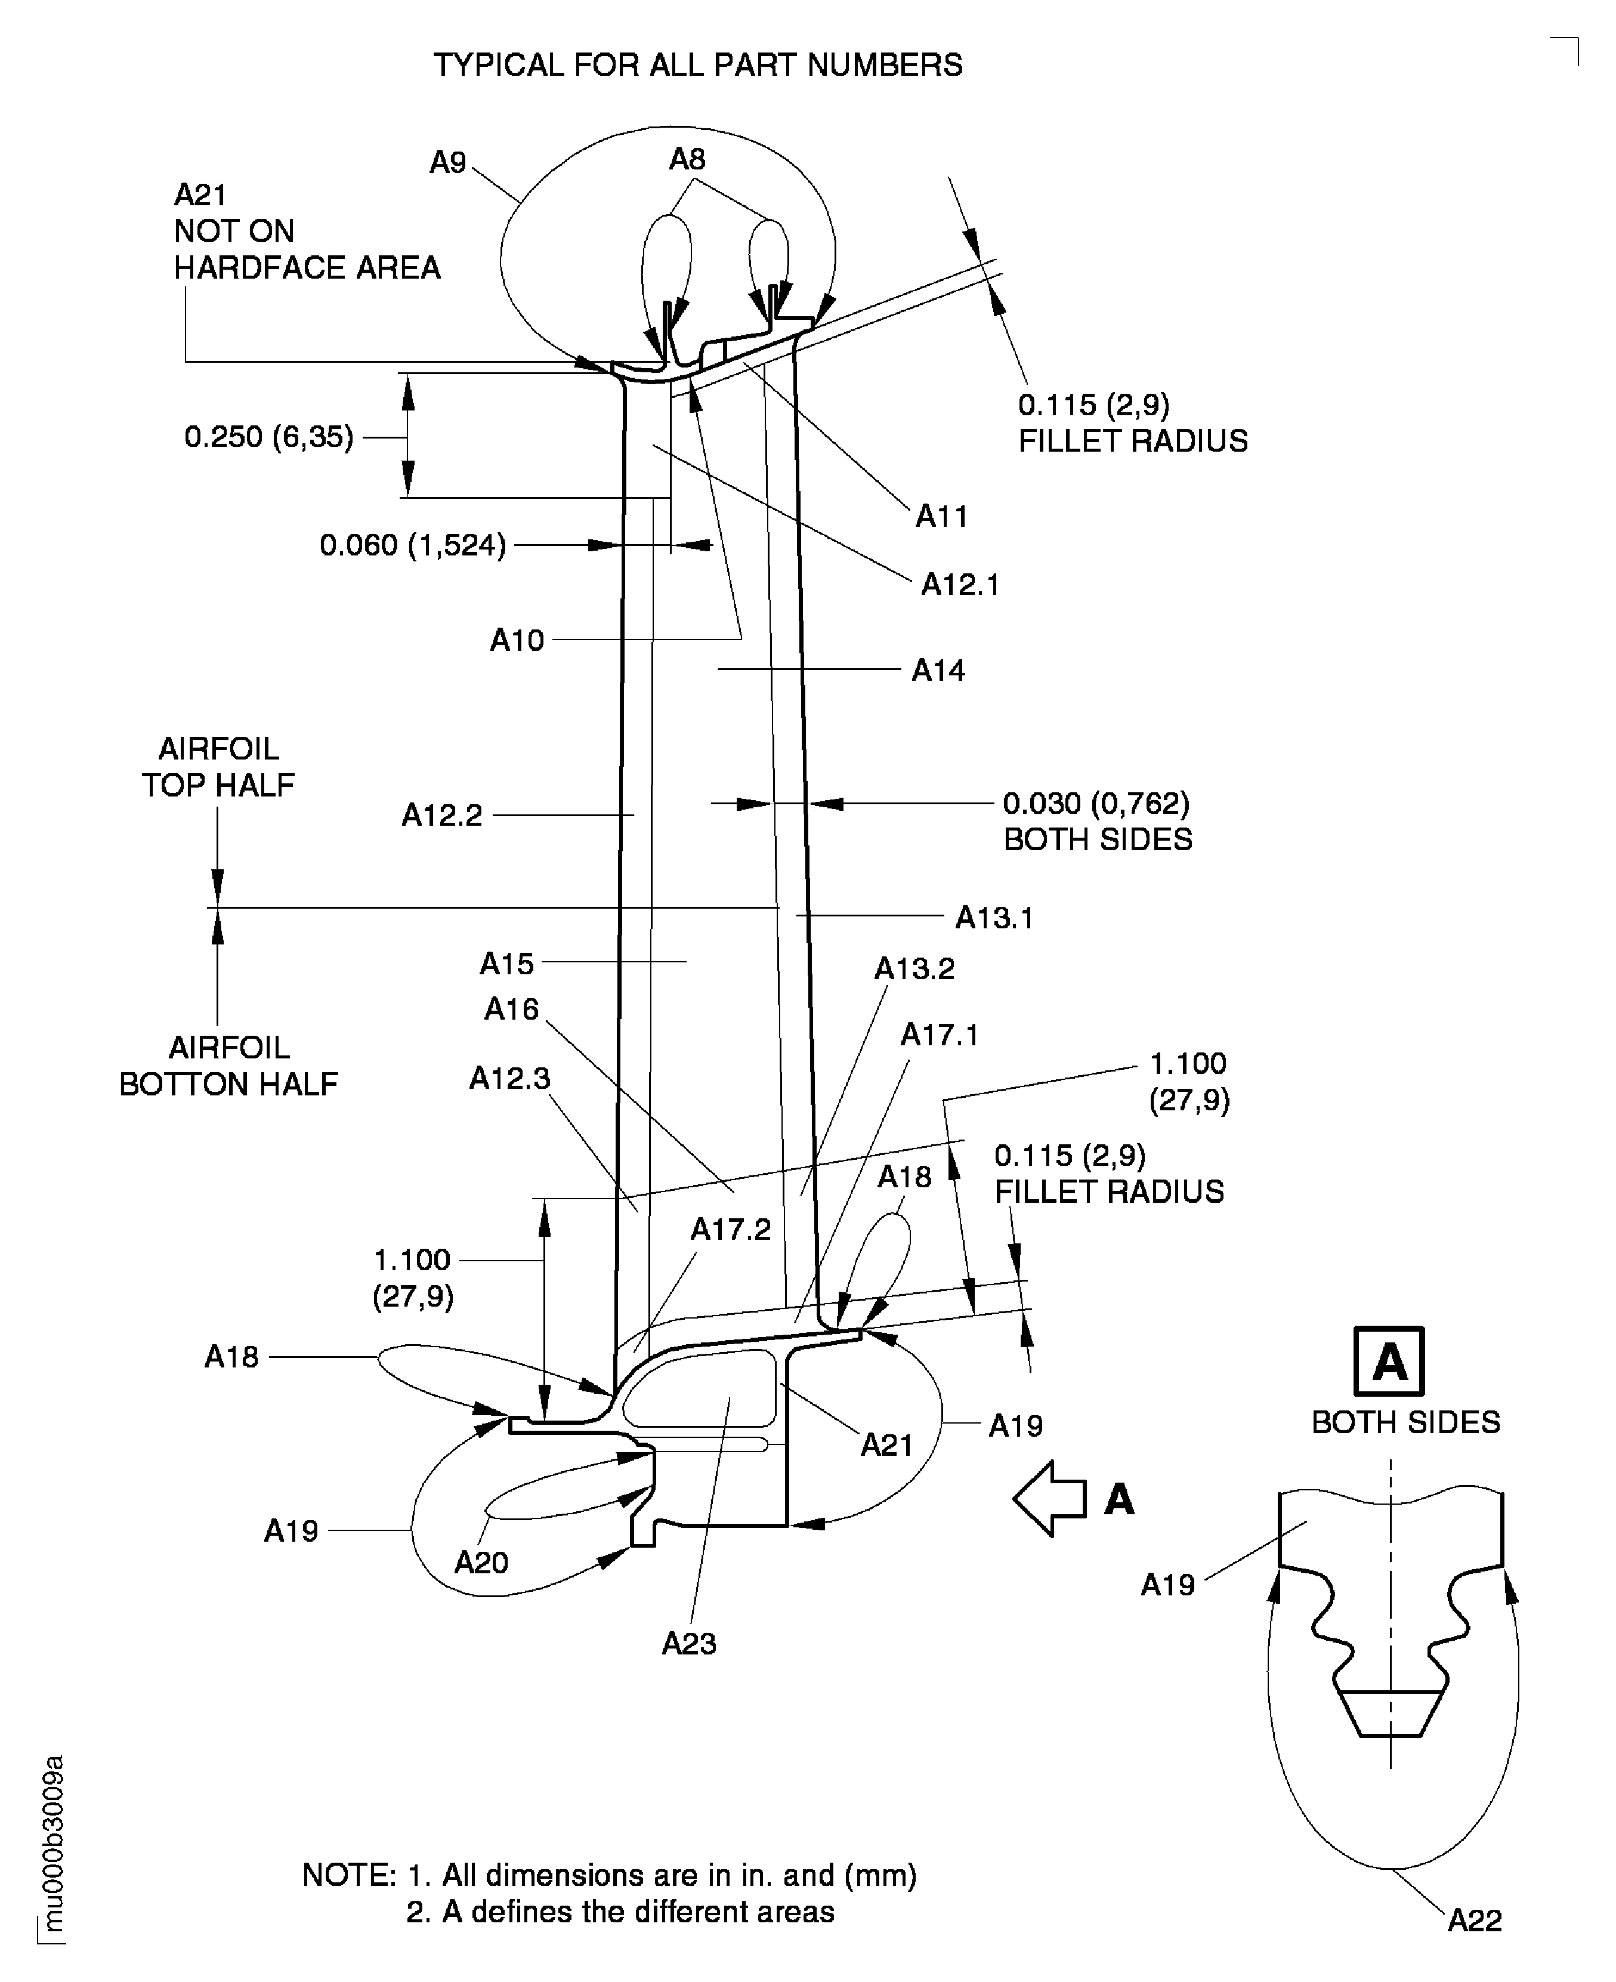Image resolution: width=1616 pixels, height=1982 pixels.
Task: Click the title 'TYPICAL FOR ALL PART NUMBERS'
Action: click(697, 65)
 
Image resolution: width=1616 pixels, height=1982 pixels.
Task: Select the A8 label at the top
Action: click(687, 159)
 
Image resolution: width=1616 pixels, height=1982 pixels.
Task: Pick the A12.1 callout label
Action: click(960, 585)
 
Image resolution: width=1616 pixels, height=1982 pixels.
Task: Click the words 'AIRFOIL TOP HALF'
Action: click(218, 767)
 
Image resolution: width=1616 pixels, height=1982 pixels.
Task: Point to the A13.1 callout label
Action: click(994, 918)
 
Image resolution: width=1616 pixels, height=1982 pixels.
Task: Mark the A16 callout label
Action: click(511, 1009)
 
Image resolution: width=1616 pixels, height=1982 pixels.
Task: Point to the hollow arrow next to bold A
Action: click(1049, 1498)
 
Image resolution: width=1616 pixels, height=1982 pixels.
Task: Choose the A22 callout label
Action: click(1475, 1921)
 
